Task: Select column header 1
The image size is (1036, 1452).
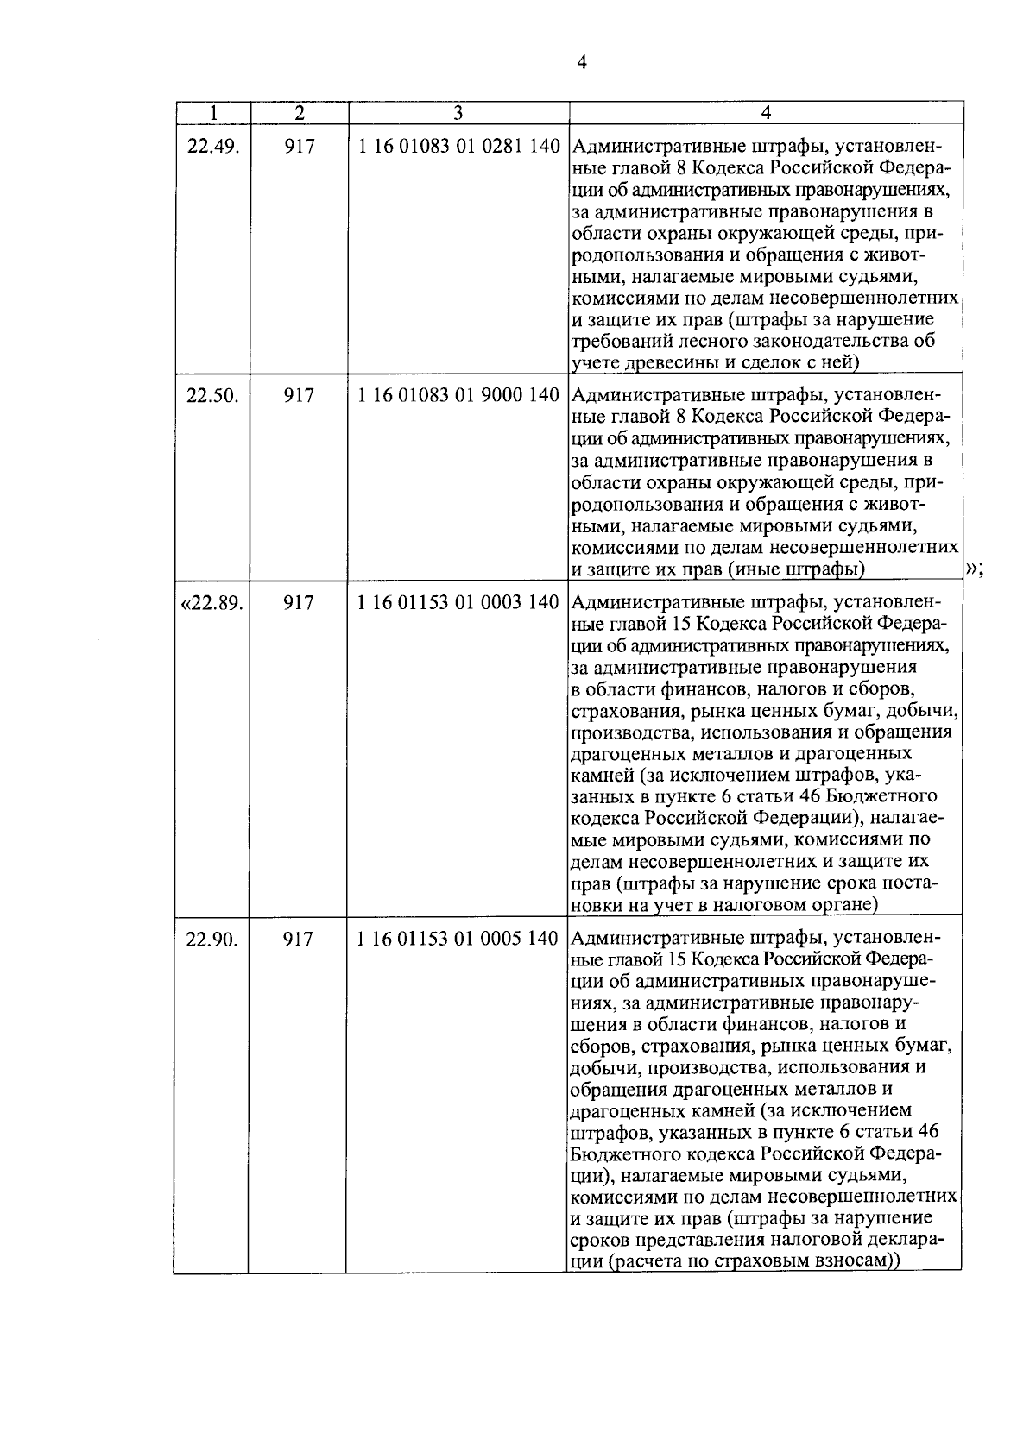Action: point(212,113)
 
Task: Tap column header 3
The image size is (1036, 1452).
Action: point(458,113)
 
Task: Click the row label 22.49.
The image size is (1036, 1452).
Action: point(212,147)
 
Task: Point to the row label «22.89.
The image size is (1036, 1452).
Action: point(211,602)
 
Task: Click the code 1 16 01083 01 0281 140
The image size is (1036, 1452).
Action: point(458,147)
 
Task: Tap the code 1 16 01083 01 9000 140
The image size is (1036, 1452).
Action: point(458,396)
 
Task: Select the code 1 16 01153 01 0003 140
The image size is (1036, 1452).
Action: point(458,602)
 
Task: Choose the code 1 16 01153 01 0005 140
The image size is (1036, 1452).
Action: point(458,939)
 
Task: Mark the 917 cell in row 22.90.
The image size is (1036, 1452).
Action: point(299,939)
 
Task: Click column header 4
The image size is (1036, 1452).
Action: point(766,113)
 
